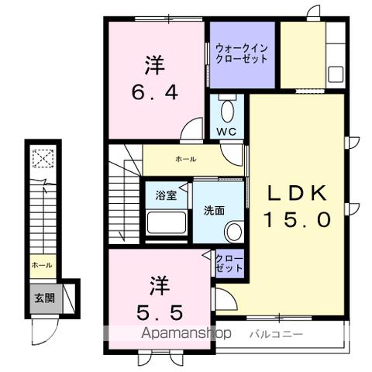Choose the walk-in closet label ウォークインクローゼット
[x=243, y=53]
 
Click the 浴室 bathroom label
[x=167, y=196]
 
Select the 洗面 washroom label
[x=214, y=209]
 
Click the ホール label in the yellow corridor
[x=185, y=159]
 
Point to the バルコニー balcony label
[x=276, y=334]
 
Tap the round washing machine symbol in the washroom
[x=233, y=231]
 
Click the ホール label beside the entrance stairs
[x=41, y=265]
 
